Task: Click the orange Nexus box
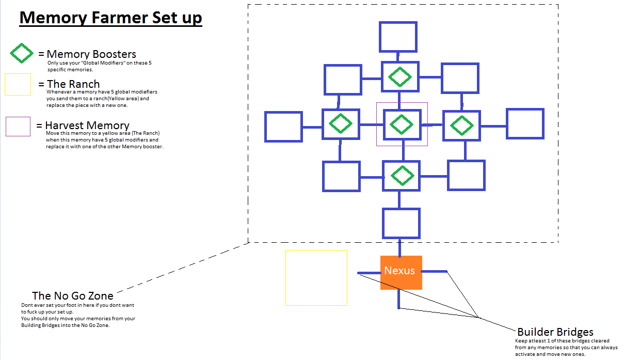(x=401, y=272)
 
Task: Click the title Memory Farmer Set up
(x=110, y=18)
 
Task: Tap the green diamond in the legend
(x=21, y=54)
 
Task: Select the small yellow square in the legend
(x=18, y=85)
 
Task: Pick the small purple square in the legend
(x=18, y=127)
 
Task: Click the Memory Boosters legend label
(x=91, y=54)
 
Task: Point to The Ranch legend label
(x=73, y=84)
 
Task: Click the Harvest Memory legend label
(x=87, y=126)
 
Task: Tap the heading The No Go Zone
(x=73, y=296)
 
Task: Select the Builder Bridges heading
(x=555, y=332)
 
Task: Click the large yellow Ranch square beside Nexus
(x=316, y=278)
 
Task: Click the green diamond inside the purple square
(x=401, y=124)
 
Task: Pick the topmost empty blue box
(x=398, y=37)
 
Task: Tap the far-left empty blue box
(x=283, y=127)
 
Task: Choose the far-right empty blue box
(x=525, y=124)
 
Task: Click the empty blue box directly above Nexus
(x=401, y=223)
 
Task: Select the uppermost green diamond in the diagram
(x=399, y=77)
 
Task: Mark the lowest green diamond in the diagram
(x=401, y=176)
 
